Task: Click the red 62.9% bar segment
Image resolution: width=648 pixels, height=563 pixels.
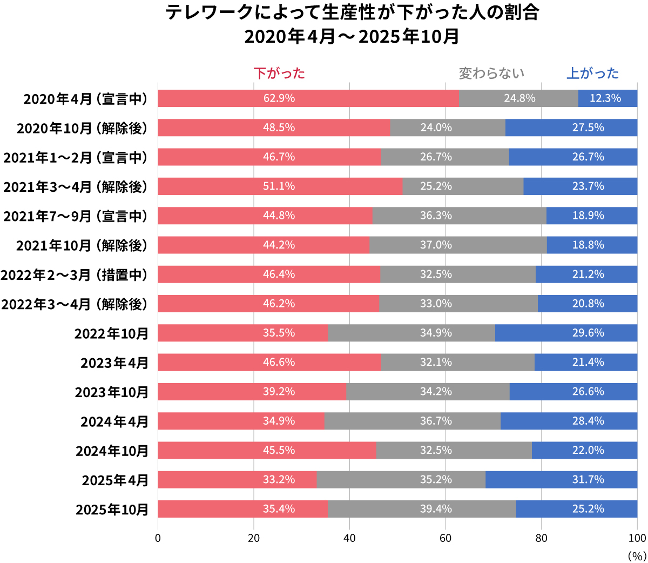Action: coord(308,98)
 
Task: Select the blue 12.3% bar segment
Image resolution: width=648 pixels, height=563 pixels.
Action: coord(607,98)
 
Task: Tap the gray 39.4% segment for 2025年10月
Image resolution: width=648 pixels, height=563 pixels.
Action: coord(422,509)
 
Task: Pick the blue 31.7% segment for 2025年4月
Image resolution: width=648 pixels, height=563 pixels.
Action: coord(561,480)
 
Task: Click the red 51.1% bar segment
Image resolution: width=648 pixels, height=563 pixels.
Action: coord(280,186)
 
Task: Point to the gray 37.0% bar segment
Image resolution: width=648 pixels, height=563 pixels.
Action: coord(458,245)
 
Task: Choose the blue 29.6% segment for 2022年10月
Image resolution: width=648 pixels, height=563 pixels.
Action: coord(566,333)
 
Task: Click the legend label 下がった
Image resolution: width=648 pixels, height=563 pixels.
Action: coord(279,73)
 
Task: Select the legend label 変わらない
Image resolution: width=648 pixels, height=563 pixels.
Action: coord(491,73)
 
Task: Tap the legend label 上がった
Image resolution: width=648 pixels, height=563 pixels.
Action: coord(592,73)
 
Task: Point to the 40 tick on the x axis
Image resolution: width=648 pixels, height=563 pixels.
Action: coord(349,538)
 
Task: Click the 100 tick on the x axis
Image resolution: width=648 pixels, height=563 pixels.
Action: coord(637,538)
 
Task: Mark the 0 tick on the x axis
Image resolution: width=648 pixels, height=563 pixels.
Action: coord(158,538)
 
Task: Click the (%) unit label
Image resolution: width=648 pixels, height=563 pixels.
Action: coord(637,556)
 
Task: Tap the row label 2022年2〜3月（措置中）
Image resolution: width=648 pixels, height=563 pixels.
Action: coord(75,275)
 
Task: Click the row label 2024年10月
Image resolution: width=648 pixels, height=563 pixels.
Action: coord(112,451)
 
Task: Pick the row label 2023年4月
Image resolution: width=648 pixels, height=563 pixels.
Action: coord(114,363)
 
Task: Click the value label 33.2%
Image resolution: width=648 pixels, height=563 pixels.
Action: coord(279,480)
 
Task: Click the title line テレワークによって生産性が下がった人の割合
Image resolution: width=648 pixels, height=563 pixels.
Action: coord(352,12)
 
